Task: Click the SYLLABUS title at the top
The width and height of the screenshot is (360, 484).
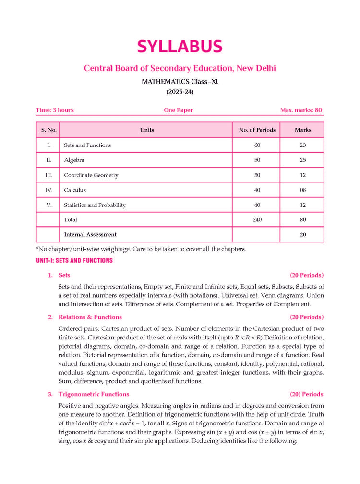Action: click(x=180, y=47)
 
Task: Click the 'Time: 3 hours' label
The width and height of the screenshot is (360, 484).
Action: click(x=55, y=110)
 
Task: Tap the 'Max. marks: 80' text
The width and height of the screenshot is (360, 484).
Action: click(x=301, y=110)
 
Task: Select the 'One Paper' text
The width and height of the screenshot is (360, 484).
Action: click(x=178, y=110)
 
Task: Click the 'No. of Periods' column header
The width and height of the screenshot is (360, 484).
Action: click(x=257, y=130)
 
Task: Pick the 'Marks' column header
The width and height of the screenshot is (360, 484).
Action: click(x=303, y=130)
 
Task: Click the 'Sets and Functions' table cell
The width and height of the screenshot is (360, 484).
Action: click(x=87, y=145)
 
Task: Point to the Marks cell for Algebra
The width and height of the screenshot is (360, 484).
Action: click(x=303, y=160)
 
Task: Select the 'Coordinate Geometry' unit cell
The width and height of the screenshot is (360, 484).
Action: click(x=91, y=175)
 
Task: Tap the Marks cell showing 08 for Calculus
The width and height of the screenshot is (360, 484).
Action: click(x=303, y=190)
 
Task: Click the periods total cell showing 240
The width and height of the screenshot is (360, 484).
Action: click(x=257, y=220)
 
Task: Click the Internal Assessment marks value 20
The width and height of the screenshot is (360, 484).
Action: click(x=303, y=235)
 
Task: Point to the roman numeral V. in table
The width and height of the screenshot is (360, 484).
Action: click(x=48, y=205)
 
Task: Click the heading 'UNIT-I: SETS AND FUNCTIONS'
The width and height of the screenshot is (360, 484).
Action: click(x=74, y=261)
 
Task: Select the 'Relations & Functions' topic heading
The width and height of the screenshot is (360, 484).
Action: click(x=90, y=317)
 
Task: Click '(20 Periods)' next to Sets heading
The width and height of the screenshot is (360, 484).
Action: click(x=307, y=275)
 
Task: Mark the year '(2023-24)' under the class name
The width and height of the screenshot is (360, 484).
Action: click(x=180, y=92)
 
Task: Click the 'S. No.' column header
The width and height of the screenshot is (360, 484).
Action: click(x=48, y=130)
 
